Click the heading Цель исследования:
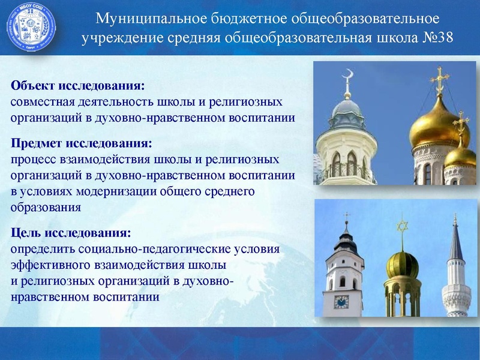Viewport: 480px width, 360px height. tap(71, 232)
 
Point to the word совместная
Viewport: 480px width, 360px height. tap(42, 101)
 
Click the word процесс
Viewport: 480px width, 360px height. tap(34, 160)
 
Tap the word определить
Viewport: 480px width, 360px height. tap(41, 248)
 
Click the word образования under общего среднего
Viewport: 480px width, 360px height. tap(46, 208)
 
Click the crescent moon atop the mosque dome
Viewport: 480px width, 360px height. tap(346, 76)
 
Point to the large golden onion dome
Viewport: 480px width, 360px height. tap(439, 124)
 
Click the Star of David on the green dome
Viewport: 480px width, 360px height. tap(401, 226)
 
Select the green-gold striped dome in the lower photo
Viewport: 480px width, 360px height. tap(401, 263)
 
